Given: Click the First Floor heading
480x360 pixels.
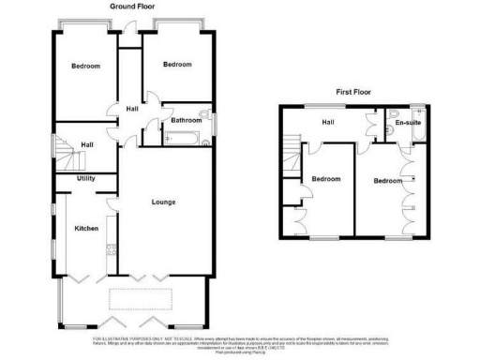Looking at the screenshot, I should (356, 92).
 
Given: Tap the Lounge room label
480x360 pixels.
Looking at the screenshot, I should (164, 202).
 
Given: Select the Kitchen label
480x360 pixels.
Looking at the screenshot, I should (87, 229).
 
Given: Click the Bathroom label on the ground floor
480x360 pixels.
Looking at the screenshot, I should (187, 120).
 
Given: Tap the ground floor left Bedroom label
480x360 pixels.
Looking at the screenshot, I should (88, 67).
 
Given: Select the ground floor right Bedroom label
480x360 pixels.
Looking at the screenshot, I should (177, 65).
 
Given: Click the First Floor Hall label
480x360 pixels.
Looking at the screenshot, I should (329, 122).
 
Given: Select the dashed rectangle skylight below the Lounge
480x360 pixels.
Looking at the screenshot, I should (142, 299).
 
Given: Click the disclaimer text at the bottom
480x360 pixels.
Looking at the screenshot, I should (240, 341).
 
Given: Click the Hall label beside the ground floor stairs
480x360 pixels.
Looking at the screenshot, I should (86, 145).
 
